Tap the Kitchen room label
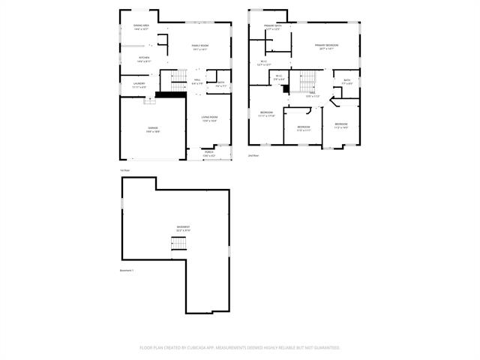144,58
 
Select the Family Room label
200,47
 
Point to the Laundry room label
139,84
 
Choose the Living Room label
209,118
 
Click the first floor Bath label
221,84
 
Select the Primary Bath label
273,27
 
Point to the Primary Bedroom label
326,46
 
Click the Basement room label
183,228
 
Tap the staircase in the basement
178,244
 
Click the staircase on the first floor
177,78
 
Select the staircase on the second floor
307,78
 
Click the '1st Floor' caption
125,170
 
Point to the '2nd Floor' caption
253,156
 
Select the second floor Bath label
347,82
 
